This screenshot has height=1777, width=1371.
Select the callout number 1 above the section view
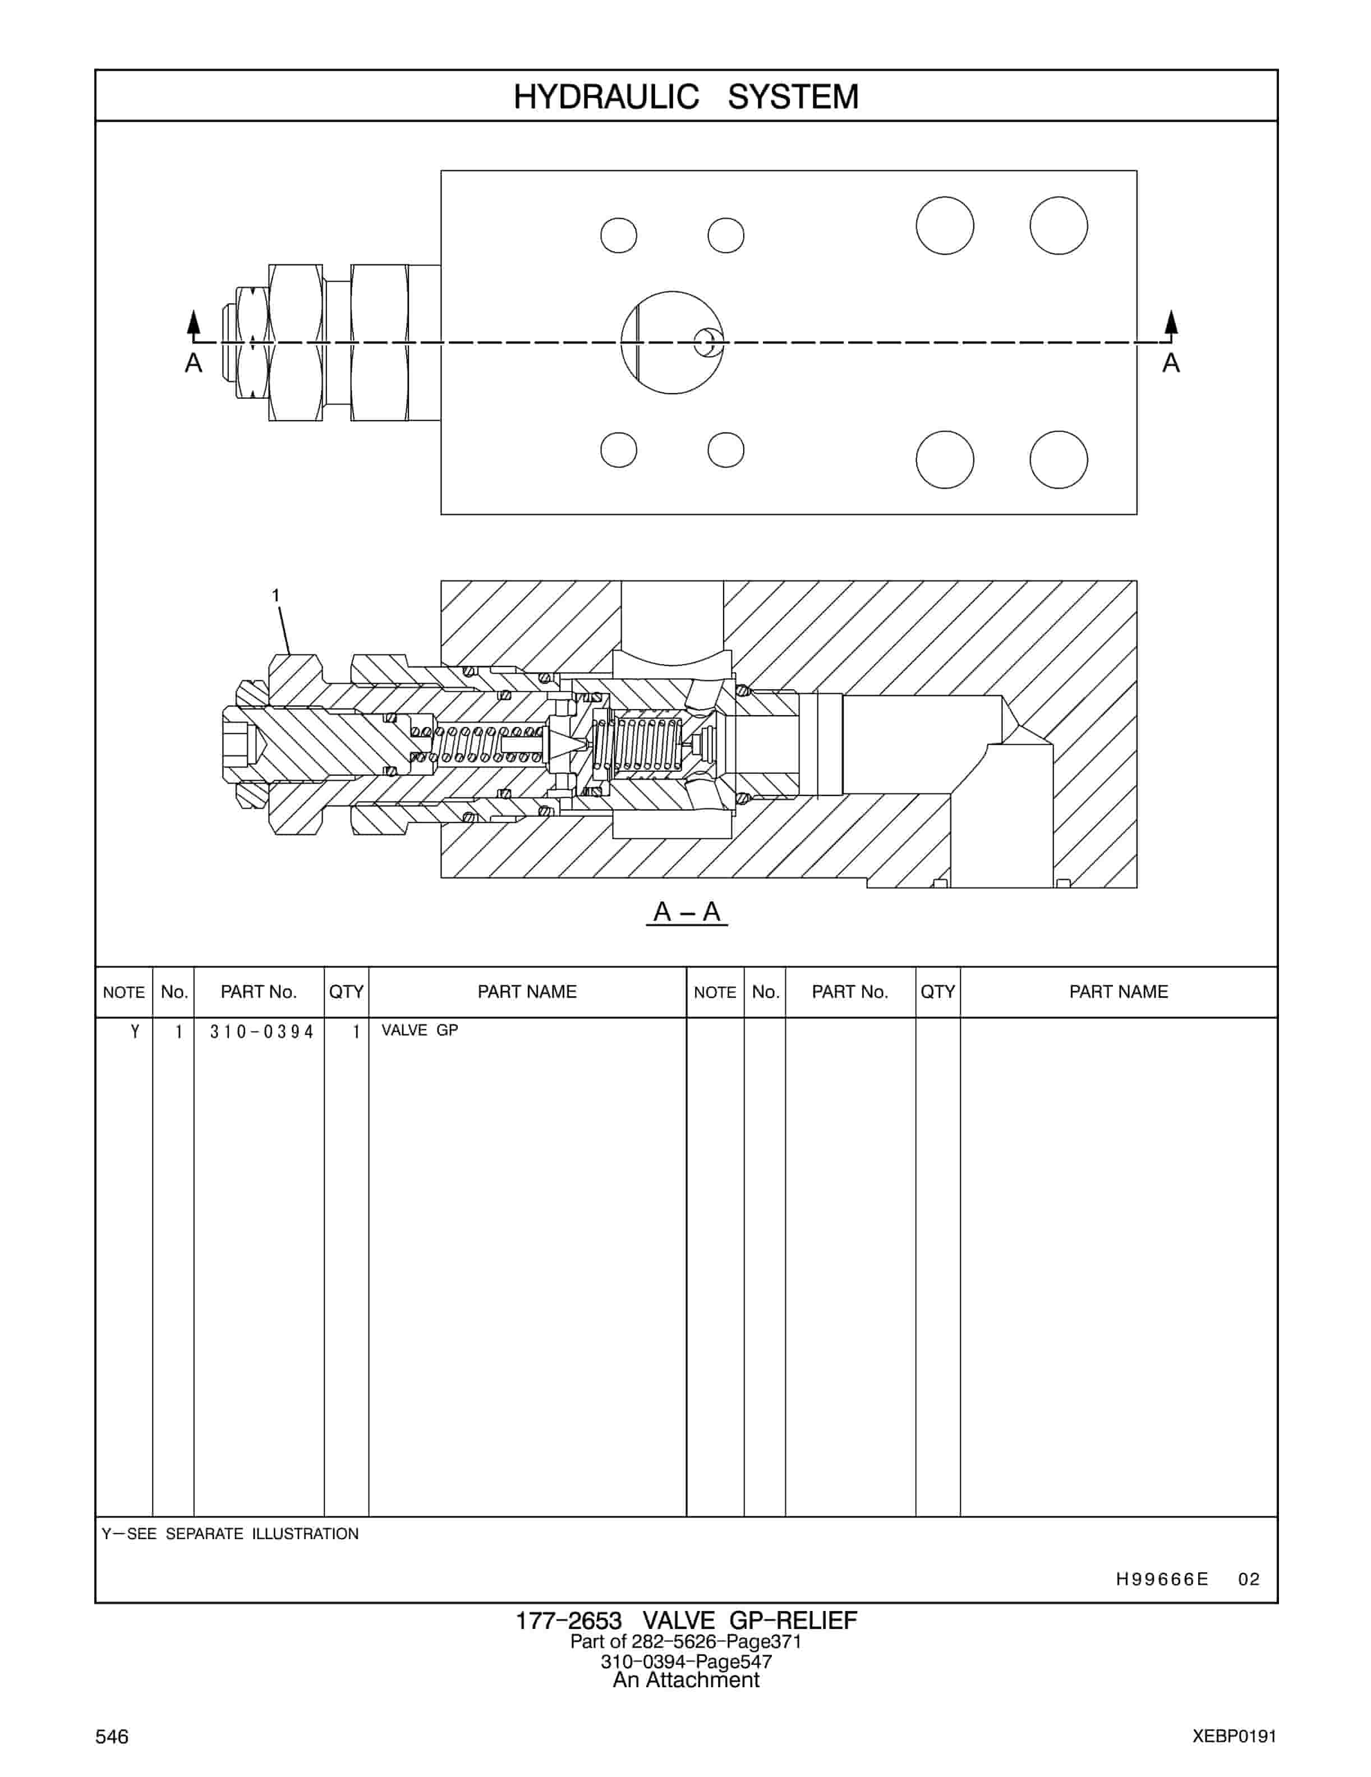[276, 596]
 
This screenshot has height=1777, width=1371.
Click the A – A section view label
[686, 912]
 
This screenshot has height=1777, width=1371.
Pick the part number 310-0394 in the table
[261, 1032]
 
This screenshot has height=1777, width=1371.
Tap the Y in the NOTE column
[135, 1031]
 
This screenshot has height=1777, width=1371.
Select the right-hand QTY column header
[937, 992]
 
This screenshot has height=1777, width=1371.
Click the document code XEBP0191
[1234, 1736]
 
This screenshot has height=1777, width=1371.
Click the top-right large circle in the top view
[1058, 225]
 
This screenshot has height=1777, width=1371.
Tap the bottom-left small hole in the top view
[618, 450]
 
